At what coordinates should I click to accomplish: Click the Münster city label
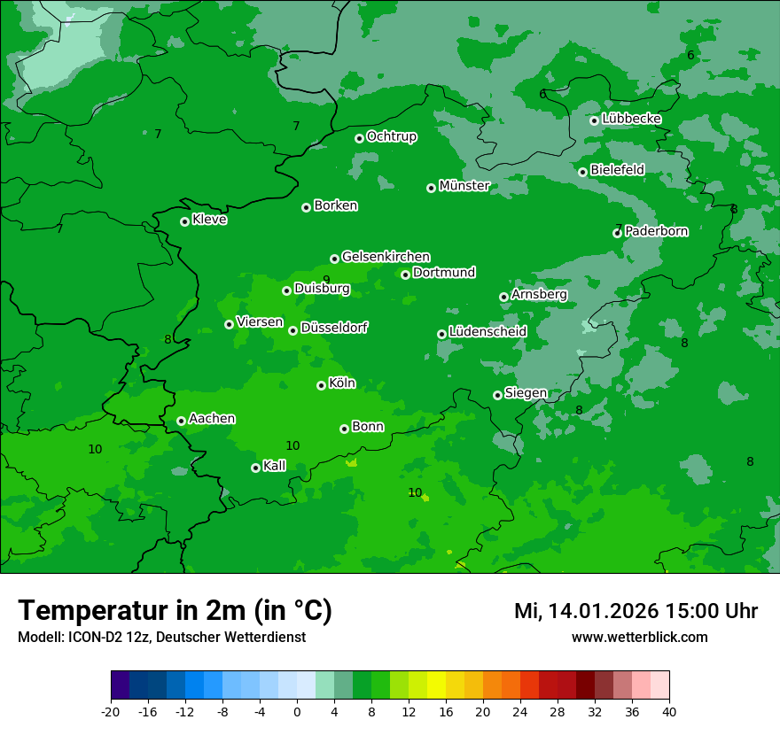[464, 186]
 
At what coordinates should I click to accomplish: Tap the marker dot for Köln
[321, 385]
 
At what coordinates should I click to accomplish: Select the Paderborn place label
[657, 231]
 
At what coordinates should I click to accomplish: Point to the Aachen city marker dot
[181, 421]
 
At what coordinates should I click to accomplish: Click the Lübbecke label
[632, 119]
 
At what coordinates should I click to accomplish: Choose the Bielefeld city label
[618, 169]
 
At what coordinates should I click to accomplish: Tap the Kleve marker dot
[184, 221]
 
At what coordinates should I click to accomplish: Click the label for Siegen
[526, 393]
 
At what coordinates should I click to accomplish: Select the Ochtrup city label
[392, 136]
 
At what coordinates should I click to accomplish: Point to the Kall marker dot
[255, 468]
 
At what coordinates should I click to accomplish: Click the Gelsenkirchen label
[386, 257]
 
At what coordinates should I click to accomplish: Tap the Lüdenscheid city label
[488, 332]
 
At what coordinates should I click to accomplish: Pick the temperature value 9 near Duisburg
[326, 280]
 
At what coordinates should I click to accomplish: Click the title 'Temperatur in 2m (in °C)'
[175, 611]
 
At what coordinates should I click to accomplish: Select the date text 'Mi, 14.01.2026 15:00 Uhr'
[636, 611]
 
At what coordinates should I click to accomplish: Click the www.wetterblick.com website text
[640, 638]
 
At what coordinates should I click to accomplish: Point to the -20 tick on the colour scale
[111, 711]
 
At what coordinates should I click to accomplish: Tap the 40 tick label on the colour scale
[669, 711]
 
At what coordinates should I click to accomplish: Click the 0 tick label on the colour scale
[297, 711]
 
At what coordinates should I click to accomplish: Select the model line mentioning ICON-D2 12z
[161, 638]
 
